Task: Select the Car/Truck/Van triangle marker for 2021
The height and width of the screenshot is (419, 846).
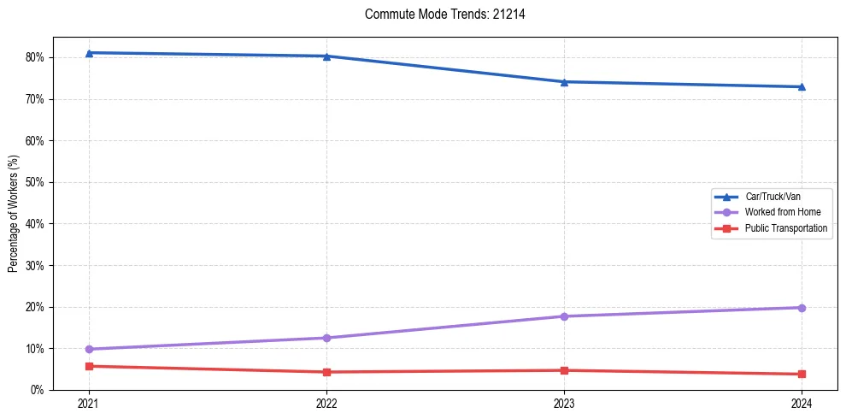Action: click(89, 53)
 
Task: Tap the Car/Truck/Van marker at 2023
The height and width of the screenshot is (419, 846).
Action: click(564, 82)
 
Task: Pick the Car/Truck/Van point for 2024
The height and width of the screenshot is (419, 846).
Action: click(802, 86)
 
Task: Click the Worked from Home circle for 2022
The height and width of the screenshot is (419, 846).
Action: click(326, 338)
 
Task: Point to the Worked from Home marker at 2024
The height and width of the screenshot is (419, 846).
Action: click(802, 308)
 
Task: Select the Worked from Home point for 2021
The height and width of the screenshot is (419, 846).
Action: click(89, 349)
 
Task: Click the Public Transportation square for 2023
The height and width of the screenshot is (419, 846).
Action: click(564, 370)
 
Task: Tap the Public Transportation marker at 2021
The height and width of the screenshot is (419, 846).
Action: click(89, 366)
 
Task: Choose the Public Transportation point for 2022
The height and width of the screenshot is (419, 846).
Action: click(326, 372)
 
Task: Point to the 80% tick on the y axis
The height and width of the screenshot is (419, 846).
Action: click(35, 58)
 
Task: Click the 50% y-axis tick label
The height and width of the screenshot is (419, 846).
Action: click(35, 183)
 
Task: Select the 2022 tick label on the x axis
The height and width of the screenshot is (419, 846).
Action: click(326, 404)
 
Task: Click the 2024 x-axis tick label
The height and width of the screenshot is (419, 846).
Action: click(802, 404)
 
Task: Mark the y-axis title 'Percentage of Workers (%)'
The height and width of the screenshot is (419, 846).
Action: click(14, 214)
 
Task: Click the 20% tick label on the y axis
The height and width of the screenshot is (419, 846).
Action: click(35, 308)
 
